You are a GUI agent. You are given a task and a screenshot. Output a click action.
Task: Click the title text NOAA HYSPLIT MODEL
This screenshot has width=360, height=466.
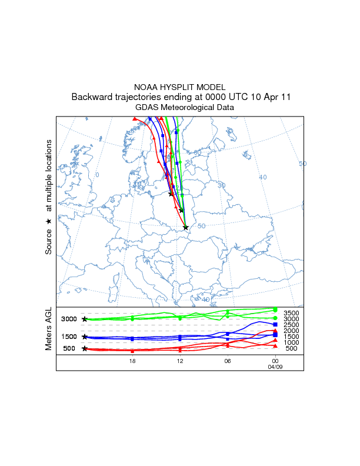coord(180,87)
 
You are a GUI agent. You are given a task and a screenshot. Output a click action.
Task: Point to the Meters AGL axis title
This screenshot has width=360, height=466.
coord(49,329)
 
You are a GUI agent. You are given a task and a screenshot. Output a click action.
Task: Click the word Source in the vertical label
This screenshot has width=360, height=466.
coord(49,241)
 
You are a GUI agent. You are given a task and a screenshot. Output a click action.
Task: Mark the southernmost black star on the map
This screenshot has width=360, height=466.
coord(186,227)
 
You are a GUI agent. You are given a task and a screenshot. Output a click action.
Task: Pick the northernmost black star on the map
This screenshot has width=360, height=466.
coord(171,194)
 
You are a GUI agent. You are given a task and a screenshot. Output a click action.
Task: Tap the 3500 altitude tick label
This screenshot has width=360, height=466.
coord(292,313)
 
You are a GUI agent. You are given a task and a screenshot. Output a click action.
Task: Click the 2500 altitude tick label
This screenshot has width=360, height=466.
coord(292,325)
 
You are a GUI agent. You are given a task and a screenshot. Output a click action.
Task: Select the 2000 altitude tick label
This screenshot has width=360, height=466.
coord(292,331)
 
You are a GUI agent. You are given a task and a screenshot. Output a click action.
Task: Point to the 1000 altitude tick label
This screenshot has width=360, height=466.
coord(292,342)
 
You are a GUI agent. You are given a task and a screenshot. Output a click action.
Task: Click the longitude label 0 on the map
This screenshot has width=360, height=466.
coord(98,175)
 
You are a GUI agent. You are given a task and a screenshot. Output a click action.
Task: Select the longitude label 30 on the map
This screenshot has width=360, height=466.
coord(222,185)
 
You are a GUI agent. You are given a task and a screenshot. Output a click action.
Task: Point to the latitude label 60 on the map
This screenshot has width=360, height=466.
coord(198,153)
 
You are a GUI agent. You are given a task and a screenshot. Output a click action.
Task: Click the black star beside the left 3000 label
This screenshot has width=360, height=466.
coord(85,319)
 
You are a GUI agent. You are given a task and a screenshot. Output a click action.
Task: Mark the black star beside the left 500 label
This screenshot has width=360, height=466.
coord(85,348)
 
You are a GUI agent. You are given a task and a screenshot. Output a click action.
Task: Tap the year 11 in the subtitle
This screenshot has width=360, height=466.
coord(284,97)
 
